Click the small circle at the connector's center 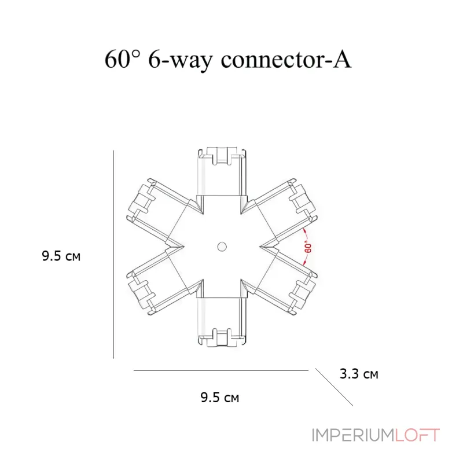coord(222,247)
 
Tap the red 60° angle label coord(308,248)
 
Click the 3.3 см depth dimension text coord(359,374)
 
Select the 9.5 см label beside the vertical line coord(61,256)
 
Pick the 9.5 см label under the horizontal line coord(220,398)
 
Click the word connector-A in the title coord(286,60)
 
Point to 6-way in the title coord(180,61)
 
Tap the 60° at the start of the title coord(122,59)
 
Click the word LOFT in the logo coord(417,435)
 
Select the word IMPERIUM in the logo coord(353,435)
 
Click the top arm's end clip coord(222,155)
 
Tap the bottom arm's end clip coord(222,337)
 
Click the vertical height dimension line coord(113,254)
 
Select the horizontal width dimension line coord(221,370)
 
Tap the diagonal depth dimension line coord(334,387)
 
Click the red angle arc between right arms coord(307,247)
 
